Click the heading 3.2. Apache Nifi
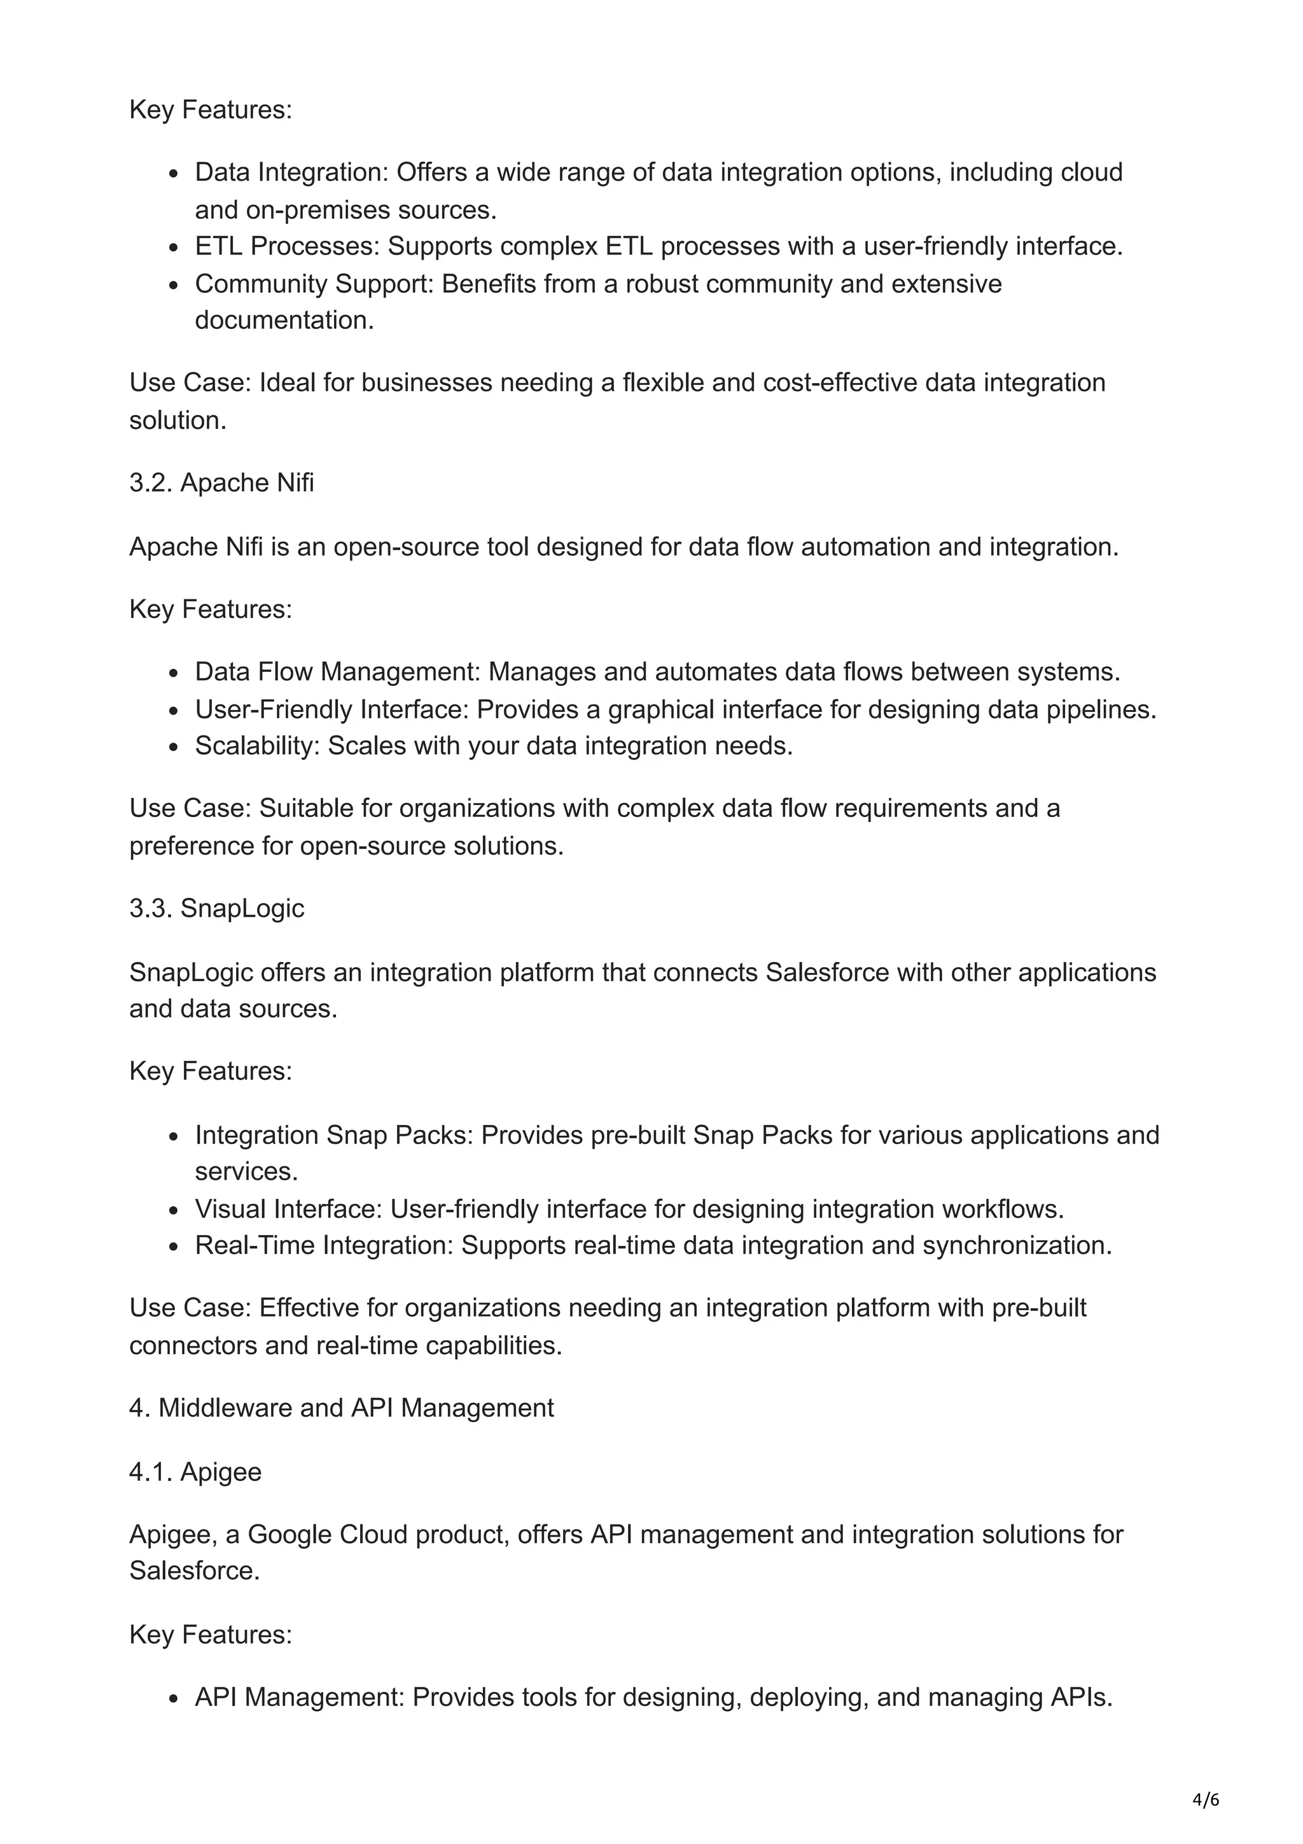pos(221,483)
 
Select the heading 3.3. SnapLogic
pos(217,909)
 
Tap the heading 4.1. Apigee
pos(195,1472)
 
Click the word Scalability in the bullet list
pos(257,746)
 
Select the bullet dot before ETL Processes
pos(174,248)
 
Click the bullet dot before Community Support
pos(174,286)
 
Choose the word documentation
pos(284,321)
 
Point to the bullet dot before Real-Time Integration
pos(174,1247)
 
